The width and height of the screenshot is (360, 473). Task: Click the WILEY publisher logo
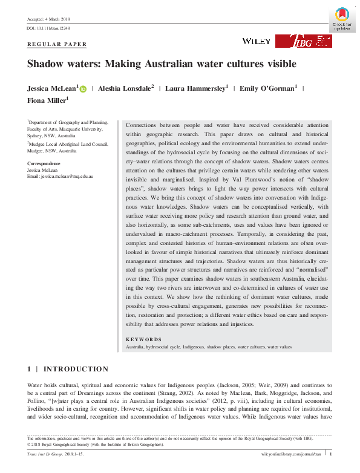[256, 41]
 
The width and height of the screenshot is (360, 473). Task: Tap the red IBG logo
[303, 41]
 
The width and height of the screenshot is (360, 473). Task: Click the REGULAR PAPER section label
[57, 45]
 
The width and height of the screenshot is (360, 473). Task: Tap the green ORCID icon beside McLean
[83, 89]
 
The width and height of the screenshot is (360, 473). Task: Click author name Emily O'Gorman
[267, 89]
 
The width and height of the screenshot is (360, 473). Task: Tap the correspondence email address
[60, 175]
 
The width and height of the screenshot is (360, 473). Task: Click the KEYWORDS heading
[143, 340]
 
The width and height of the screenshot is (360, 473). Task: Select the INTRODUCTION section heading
[76, 369]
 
